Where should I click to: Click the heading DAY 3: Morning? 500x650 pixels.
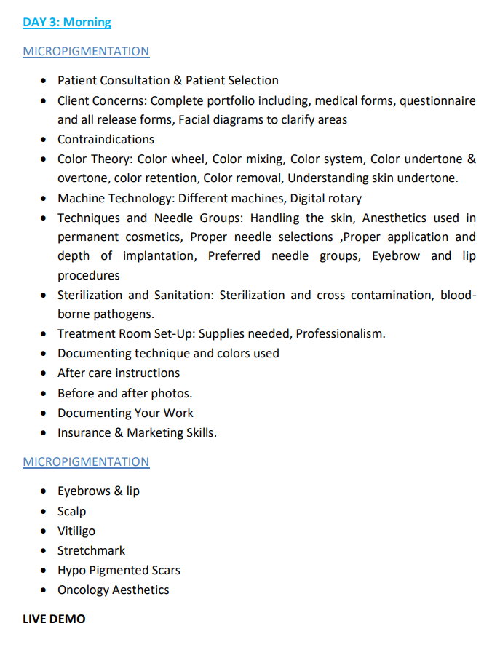pos(67,22)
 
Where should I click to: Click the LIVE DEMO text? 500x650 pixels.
pos(54,619)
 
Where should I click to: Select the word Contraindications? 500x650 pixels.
pos(106,139)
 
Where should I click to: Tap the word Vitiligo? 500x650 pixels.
pos(76,531)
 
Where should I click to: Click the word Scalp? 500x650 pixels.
pos(72,511)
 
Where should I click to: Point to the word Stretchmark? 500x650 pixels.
pos(92,550)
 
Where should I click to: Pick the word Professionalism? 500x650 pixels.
pos(340,333)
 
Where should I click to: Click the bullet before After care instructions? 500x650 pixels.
pos(44,373)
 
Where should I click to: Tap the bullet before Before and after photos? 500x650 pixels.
pos(44,393)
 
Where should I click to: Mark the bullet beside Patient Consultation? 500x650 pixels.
pos(44,81)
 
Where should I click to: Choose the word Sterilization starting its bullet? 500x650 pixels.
pos(89,295)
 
